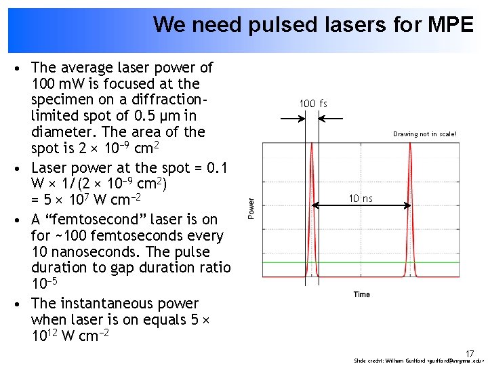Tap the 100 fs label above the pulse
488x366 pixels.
pyautogui.click(x=313, y=104)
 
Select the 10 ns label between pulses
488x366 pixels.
pyautogui.click(x=361, y=199)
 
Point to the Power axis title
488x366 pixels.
pyautogui.click(x=251, y=207)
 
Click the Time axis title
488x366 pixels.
pyautogui.click(x=362, y=294)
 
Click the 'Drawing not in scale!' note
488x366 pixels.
pyautogui.click(x=425, y=134)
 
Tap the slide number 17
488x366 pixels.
pyautogui.click(x=470, y=353)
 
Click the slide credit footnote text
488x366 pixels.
pyautogui.click(x=419, y=361)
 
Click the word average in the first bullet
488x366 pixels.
pyautogui.click(x=87, y=68)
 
